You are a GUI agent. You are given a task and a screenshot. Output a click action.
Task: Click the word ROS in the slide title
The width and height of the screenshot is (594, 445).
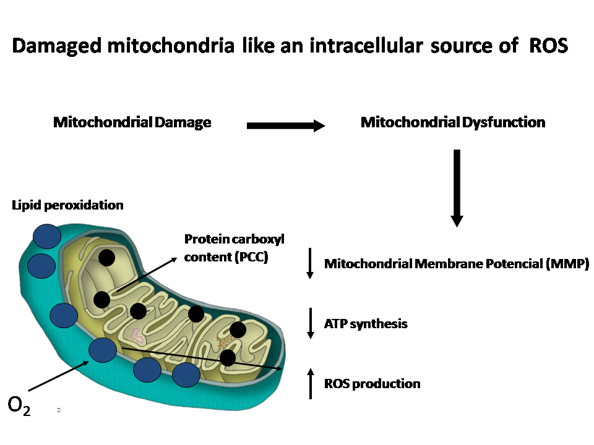coord(548,47)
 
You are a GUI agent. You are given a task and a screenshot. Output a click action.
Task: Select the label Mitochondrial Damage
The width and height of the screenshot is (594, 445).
coord(132,122)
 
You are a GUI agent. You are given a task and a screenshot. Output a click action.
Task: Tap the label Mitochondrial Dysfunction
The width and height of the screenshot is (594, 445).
coord(452,122)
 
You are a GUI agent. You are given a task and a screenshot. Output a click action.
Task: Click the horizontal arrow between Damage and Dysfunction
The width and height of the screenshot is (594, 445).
coord(285,126)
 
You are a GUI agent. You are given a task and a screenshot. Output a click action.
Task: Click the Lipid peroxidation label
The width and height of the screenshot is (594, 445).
coord(67,205)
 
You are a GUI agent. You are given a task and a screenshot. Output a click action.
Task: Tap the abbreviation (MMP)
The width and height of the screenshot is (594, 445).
coord(567,265)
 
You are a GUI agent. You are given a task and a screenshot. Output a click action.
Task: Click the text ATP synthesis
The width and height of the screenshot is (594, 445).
coord(366,323)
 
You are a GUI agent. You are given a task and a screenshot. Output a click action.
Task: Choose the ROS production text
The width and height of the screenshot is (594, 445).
coord(372,384)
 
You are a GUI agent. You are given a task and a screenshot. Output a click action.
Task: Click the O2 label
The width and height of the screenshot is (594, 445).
coord(19,405)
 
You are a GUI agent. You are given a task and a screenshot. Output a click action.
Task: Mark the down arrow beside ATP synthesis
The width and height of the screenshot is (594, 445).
coord(310,323)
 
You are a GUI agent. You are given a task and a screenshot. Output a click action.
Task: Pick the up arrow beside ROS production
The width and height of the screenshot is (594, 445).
coord(310,384)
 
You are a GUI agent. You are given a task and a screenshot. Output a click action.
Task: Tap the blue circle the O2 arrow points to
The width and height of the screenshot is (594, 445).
coord(102,350)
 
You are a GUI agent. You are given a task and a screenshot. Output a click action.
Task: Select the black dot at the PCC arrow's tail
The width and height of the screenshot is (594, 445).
coord(102,300)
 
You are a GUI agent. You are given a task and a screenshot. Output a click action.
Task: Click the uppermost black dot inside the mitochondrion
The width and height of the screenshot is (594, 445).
coord(106,258)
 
